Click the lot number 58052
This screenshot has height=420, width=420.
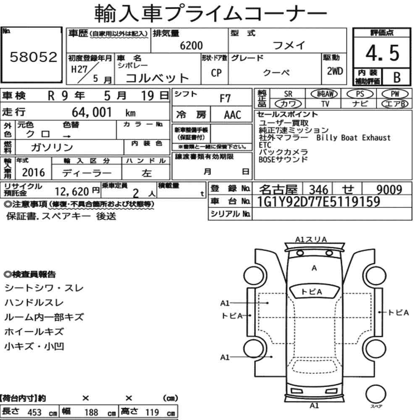34,57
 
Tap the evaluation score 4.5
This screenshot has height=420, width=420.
382,53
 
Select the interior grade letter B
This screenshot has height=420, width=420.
397,77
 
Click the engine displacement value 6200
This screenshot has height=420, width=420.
191,45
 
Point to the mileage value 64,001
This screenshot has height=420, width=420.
92,112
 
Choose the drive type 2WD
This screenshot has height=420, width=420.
335,71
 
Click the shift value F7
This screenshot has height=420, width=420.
225,99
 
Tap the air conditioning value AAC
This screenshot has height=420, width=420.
233,115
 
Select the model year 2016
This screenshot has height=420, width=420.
33,173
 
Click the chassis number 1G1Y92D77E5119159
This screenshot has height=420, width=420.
318,202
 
